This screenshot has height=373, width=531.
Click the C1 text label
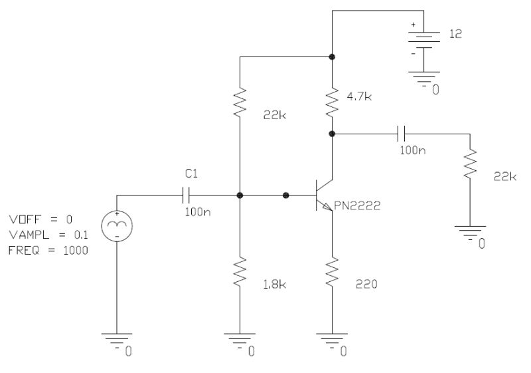point(190,174)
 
